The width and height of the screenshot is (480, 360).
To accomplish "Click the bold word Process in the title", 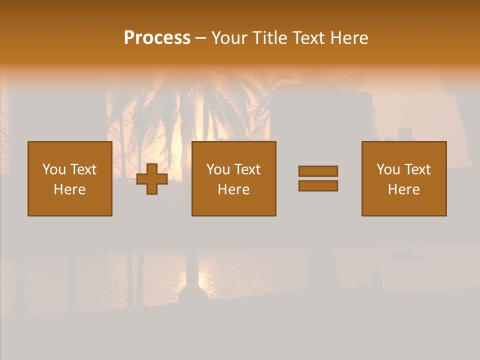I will [157, 38].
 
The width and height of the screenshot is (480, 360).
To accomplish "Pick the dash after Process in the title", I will [200, 38].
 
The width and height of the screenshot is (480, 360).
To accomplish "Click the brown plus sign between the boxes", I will [152, 179].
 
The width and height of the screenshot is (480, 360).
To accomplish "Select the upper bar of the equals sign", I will [318, 171].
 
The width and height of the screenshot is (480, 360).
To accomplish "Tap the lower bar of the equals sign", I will [318, 186].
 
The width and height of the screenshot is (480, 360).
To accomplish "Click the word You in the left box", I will [54, 169].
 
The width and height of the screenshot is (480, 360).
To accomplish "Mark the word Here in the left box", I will [69, 189].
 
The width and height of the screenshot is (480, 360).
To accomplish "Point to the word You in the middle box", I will [218, 169].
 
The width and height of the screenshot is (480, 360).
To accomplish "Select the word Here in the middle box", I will [233, 189].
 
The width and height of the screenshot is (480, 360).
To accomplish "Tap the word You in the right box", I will [388, 169].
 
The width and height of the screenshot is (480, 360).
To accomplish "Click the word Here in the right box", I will [403, 189].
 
